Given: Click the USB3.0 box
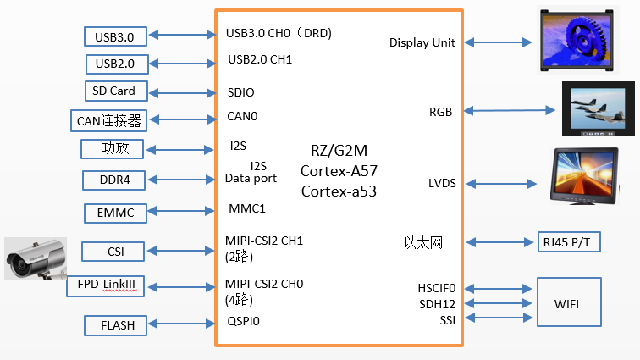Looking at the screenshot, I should coord(115,36).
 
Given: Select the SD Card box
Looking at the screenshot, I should coord(116,91).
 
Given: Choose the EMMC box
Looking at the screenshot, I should coord(116,213).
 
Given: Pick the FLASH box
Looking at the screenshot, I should coord(116,324).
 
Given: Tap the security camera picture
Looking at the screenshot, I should coord(35,258).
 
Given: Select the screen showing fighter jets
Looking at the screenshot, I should coord(598,109).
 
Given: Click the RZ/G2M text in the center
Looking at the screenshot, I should coord(339,151).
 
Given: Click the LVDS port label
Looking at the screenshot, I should coord(442,184).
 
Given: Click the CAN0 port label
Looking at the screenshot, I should coord(242,117).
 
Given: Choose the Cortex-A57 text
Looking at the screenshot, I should coord(339,171).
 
